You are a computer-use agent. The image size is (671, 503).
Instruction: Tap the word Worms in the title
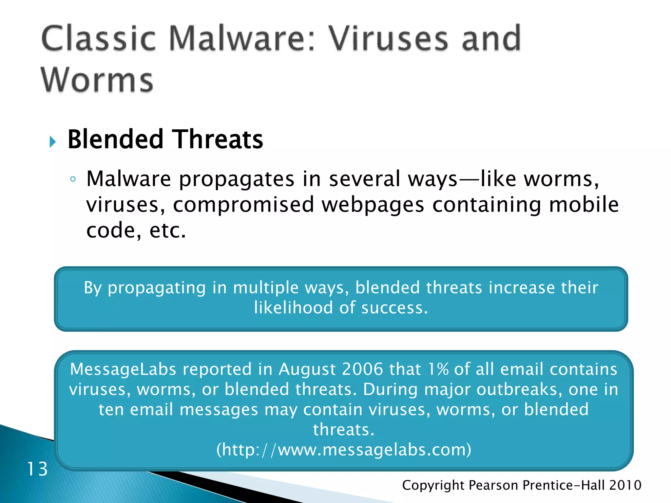point(97,80)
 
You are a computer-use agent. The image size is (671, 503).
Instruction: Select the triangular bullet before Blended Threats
point(52,142)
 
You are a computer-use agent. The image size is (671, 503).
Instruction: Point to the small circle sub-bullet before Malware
point(73,179)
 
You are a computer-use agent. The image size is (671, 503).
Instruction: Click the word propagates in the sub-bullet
point(236,180)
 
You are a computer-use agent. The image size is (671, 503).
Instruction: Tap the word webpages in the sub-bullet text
point(373,205)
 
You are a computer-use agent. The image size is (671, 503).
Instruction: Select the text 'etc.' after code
point(167,231)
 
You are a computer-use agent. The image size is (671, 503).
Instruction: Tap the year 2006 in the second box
point(362,369)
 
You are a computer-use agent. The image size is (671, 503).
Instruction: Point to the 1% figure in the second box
point(438,369)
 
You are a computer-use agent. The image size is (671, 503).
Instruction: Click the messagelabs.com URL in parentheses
point(344,450)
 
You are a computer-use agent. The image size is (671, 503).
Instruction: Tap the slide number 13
point(37,469)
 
